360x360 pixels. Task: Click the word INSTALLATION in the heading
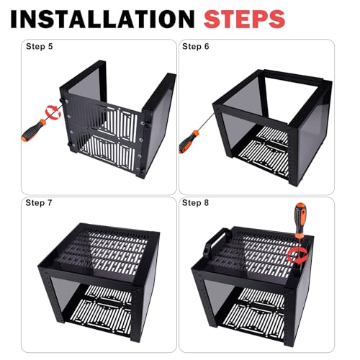[x=102, y=19]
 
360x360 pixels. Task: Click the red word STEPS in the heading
[x=244, y=19]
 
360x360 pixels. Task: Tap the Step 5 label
[x=39, y=46]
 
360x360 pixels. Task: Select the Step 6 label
[x=196, y=46]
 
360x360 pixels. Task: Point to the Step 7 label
[x=39, y=203]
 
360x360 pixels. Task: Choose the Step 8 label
[x=195, y=203]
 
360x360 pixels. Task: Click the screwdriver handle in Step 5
[x=34, y=130]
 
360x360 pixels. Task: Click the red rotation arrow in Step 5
[x=53, y=112]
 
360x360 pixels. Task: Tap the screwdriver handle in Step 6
[x=189, y=142]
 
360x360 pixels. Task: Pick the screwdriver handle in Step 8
[x=300, y=217]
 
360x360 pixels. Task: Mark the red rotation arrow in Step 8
[x=297, y=255]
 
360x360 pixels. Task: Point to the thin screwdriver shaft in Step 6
[x=206, y=122]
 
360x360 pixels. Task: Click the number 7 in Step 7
[x=50, y=203]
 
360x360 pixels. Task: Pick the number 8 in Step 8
[x=207, y=203]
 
